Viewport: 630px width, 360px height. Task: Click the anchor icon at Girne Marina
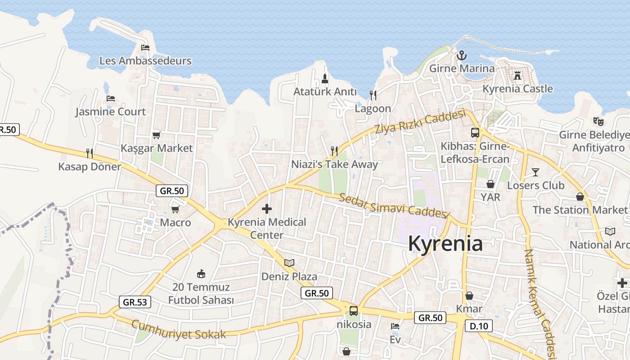pyautogui.click(x=461, y=56)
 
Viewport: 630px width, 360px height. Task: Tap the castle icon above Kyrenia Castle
pyautogui.click(x=517, y=75)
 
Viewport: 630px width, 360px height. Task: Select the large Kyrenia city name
pyautogui.click(x=445, y=243)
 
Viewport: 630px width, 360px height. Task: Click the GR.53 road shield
pyautogui.click(x=135, y=302)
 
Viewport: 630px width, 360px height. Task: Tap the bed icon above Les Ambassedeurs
pyautogui.click(x=145, y=47)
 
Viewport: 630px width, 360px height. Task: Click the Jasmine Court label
pyautogui.click(x=111, y=112)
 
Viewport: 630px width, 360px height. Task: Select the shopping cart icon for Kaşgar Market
pyautogui.click(x=157, y=135)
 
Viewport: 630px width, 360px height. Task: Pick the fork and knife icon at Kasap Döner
pyautogui.click(x=90, y=153)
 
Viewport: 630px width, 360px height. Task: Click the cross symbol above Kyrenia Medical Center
pyautogui.click(x=267, y=209)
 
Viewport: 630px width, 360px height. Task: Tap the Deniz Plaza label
pyautogui.click(x=289, y=276)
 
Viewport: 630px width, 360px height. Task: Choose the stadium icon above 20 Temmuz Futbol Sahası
pyautogui.click(x=201, y=274)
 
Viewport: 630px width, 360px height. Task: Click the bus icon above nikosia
pyautogui.click(x=354, y=310)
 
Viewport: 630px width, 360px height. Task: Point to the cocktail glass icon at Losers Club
pyautogui.click(x=535, y=172)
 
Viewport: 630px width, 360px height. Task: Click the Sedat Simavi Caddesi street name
pyautogui.click(x=395, y=206)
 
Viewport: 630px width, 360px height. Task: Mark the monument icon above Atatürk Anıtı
pyautogui.click(x=325, y=79)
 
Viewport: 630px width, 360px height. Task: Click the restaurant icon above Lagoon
pyautogui.click(x=373, y=95)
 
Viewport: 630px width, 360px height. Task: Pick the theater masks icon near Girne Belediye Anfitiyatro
pyautogui.click(x=598, y=121)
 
